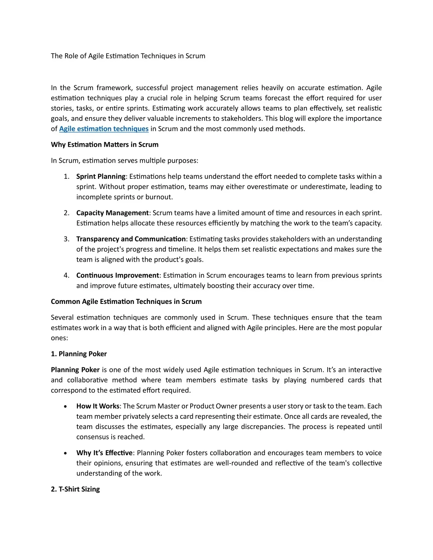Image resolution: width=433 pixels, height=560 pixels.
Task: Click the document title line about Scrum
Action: (128, 56)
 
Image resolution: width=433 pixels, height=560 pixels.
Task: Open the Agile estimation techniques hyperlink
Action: (104, 129)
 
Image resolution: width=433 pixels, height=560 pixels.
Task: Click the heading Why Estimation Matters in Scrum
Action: (104, 145)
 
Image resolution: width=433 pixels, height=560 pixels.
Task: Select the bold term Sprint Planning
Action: (101, 177)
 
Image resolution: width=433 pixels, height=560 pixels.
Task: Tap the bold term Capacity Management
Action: (112, 213)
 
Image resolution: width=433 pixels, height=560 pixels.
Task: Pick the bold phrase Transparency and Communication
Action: (131, 239)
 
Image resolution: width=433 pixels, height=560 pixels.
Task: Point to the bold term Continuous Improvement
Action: (117, 276)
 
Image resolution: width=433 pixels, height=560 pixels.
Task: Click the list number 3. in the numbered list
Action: (66, 239)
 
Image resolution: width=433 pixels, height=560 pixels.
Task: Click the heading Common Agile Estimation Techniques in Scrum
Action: (126, 302)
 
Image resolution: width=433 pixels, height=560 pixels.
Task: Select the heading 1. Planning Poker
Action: (79, 354)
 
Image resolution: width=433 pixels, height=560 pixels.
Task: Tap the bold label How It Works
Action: (98, 406)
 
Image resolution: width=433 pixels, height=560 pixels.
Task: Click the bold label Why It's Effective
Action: (104, 453)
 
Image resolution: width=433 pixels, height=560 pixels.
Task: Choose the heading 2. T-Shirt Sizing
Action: (75, 489)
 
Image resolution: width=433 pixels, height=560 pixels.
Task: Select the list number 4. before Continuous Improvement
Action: (66, 276)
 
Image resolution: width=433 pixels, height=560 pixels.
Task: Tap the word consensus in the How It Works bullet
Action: (92, 437)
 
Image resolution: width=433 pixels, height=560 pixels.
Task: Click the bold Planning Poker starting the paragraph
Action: (75, 370)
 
